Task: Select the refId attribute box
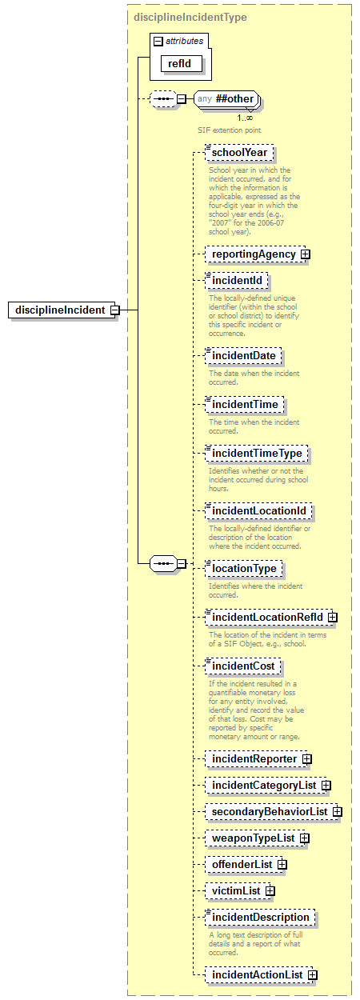point(179,63)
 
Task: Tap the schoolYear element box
point(239,154)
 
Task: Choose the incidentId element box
point(237,281)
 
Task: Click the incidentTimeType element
point(256,454)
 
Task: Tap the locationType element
point(244,568)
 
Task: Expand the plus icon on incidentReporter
point(306,758)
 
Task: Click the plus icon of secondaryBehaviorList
point(337,812)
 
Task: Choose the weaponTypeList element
point(252,838)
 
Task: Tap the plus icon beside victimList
point(270,890)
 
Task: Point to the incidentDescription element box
point(260,917)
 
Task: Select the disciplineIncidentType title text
point(190,17)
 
